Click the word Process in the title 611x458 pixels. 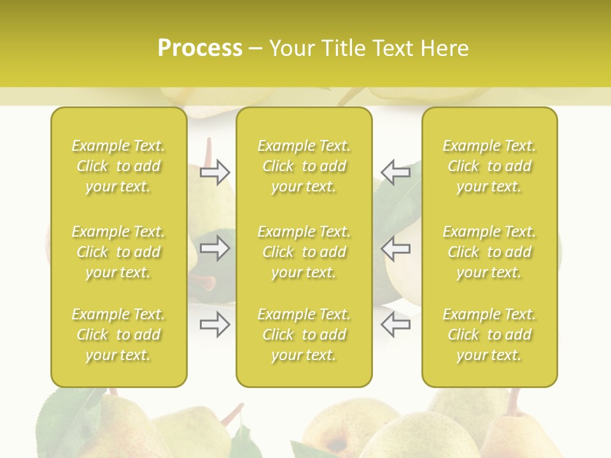pos(200,48)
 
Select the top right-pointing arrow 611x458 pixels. pos(215,172)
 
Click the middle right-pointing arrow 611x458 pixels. pos(215,248)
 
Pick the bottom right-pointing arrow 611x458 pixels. pos(215,324)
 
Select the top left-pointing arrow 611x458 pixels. pos(395,172)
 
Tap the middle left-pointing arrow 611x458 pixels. pos(395,248)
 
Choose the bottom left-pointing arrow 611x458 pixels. pos(395,324)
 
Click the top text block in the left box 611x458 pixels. pos(118,166)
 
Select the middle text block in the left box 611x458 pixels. pos(118,252)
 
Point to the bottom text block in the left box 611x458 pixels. pos(118,335)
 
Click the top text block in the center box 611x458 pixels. pos(304,166)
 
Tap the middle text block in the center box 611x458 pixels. pos(304,252)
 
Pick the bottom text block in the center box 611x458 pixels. pos(304,335)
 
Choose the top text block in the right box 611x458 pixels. pos(489,166)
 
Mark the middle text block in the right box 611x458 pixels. pos(489,252)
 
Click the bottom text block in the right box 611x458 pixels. pos(489,335)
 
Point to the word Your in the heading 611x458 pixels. pos(292,48)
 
